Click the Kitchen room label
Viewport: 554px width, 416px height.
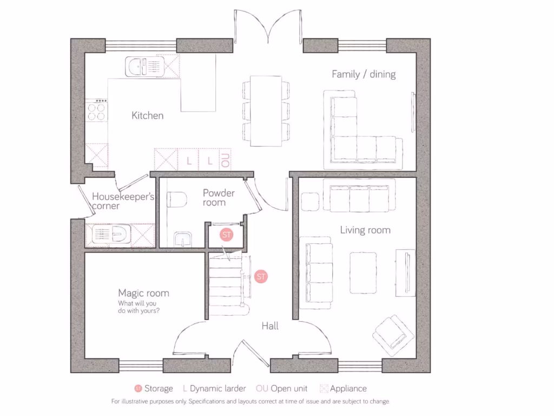click(x=147, y=115)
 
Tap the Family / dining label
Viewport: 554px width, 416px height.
click(x=364, y=74)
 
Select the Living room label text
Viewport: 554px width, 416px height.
click(x=365, y=230)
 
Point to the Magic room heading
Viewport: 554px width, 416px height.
click(x=143, y=293)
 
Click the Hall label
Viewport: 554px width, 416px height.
click(x=270, y=326)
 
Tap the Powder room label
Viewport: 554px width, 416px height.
click(x=219, y=198)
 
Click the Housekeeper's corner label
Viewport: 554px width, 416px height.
click(x=123, y=201)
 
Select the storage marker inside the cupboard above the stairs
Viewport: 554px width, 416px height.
click(x=226, y=235)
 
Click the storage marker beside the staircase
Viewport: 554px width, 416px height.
click(x=261, y=276)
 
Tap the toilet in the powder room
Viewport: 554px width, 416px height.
click(x=176, y=201)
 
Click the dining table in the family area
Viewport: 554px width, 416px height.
click(x=266, y=111)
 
